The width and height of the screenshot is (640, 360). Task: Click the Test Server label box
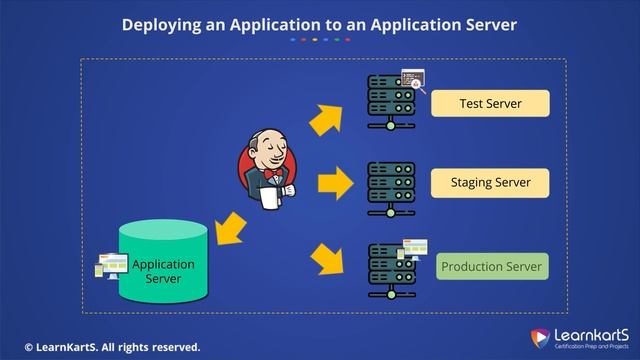point(490,104)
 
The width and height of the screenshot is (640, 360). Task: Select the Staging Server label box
point(490,184)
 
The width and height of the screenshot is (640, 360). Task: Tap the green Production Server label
point(492,267)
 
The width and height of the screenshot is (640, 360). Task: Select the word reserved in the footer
point(173,347)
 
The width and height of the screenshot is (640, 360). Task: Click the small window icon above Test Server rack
point(412,78)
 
